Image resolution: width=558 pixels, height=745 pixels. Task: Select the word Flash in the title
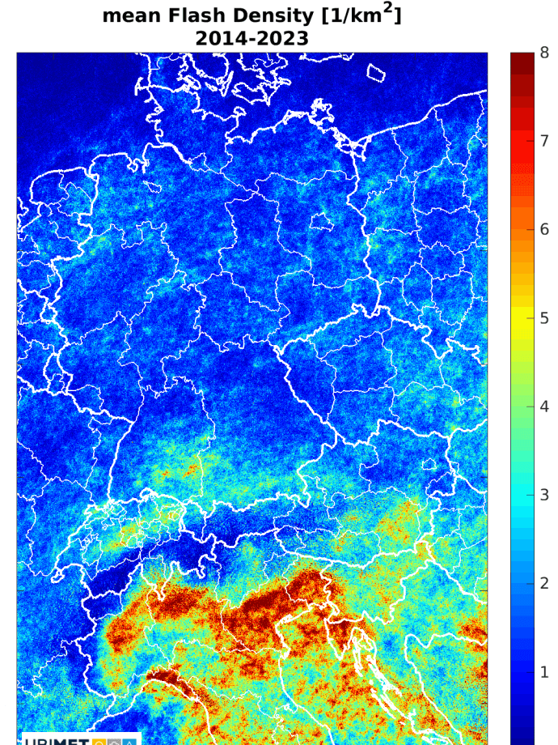201,16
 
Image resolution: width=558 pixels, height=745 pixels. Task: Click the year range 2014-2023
252,38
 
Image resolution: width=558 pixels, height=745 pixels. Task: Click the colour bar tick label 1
544,672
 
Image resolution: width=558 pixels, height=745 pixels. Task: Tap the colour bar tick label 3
544,495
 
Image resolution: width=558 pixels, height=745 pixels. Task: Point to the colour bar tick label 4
544,407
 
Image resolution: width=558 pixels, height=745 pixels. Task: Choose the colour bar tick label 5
544,318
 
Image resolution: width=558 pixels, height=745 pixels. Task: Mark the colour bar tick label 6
544,229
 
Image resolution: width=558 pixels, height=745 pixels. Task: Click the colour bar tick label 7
544,141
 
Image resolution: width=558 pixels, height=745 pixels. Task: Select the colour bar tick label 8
544,53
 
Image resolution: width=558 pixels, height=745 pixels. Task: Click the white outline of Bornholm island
377,73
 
